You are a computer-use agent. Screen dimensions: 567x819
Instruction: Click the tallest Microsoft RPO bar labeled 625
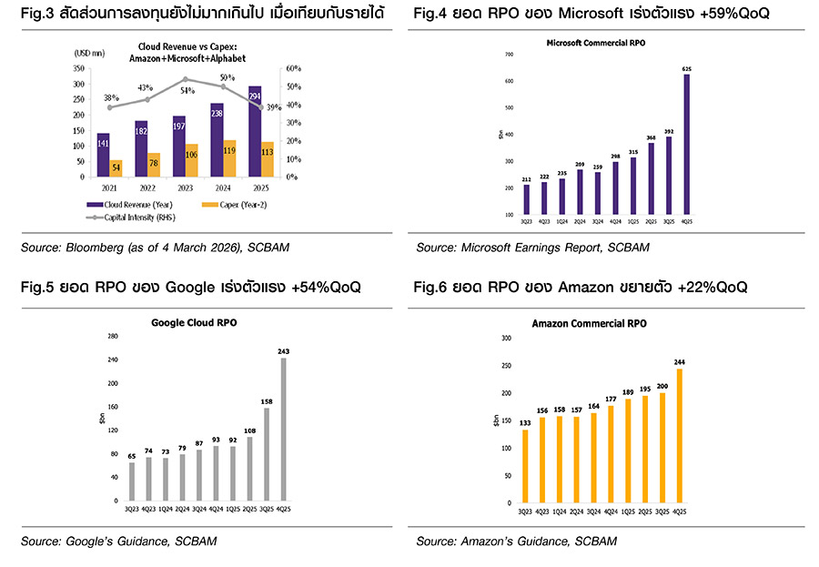click(x=687, y=146)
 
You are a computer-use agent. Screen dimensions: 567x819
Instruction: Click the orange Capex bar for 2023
click(x=192, y=160)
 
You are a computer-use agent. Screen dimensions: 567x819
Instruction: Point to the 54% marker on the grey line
click(x=186, y=79)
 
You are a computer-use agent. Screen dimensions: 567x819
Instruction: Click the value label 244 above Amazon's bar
click(x=680, y=362)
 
